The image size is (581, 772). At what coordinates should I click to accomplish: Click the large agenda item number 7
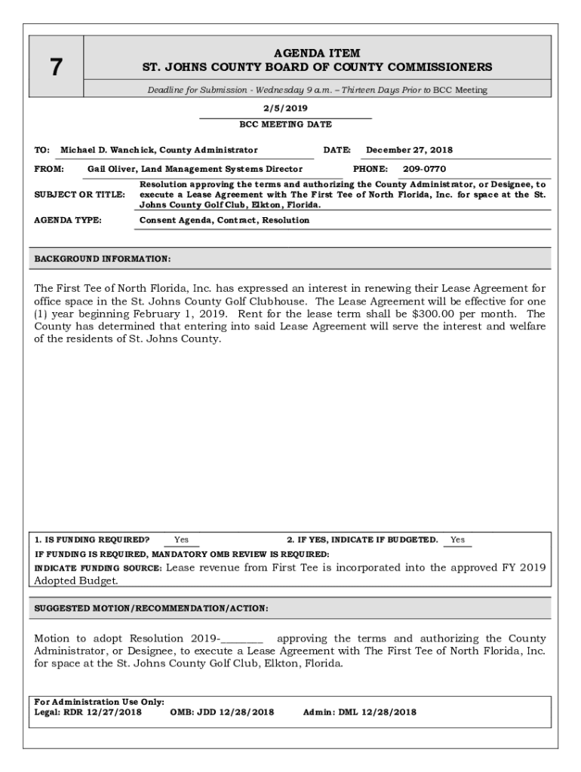coord(56,68)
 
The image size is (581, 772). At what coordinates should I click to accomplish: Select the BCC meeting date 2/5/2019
coord(285,109)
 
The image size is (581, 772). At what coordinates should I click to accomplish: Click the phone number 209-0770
coord(424,170)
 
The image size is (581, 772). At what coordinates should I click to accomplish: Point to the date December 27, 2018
coord(410,150)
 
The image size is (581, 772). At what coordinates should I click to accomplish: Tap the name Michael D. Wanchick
coord(106,150)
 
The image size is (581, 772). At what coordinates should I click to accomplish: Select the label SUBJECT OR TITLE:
coord(80,195)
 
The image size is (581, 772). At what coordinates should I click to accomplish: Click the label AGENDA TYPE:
coord(68,221)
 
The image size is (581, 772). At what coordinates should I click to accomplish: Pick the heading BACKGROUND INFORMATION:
coord(103,259)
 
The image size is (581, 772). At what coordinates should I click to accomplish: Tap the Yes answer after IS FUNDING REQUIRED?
coord(182,540)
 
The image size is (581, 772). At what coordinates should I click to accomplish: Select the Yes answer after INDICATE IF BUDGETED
coord(458,540)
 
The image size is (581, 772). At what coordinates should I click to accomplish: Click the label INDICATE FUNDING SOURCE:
coord(98,568)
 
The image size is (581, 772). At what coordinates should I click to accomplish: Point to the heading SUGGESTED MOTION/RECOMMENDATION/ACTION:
coord(152,608)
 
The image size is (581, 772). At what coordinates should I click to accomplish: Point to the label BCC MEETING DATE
coord(285,124)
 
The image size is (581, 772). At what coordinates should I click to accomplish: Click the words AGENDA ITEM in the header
coord(317,54)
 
